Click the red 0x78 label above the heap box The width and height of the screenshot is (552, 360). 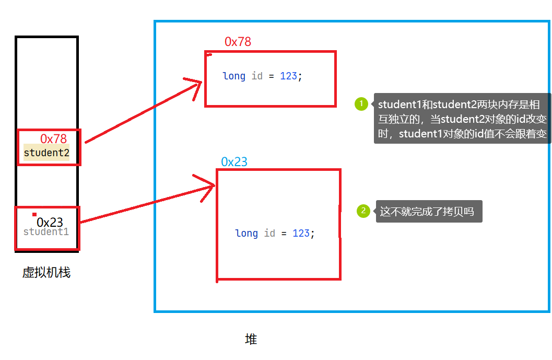(238, 42)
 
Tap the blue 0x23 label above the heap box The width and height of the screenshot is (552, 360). (234, 162)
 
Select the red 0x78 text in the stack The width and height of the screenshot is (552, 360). (53, 138)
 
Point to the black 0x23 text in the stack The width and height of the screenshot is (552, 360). (50, 223)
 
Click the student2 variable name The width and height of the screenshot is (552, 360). (46, 153)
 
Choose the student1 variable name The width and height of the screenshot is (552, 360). (46, 231)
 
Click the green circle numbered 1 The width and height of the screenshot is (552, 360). (361, 104)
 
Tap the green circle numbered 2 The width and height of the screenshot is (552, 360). (363, 211)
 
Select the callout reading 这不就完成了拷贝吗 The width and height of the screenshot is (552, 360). (429, 212)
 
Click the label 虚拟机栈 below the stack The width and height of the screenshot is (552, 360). (46, 272)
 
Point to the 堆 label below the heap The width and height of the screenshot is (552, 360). (251, 340)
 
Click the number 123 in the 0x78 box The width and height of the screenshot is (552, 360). (288, 76)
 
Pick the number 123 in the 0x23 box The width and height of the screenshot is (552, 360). (301, 233)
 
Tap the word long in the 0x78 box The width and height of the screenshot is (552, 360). (234, 76)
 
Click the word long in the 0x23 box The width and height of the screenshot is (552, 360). (246, 233)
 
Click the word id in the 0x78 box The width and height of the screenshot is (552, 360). (257, 76)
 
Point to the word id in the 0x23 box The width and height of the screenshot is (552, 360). (269, 233)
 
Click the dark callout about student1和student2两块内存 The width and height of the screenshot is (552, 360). (462, 118)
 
